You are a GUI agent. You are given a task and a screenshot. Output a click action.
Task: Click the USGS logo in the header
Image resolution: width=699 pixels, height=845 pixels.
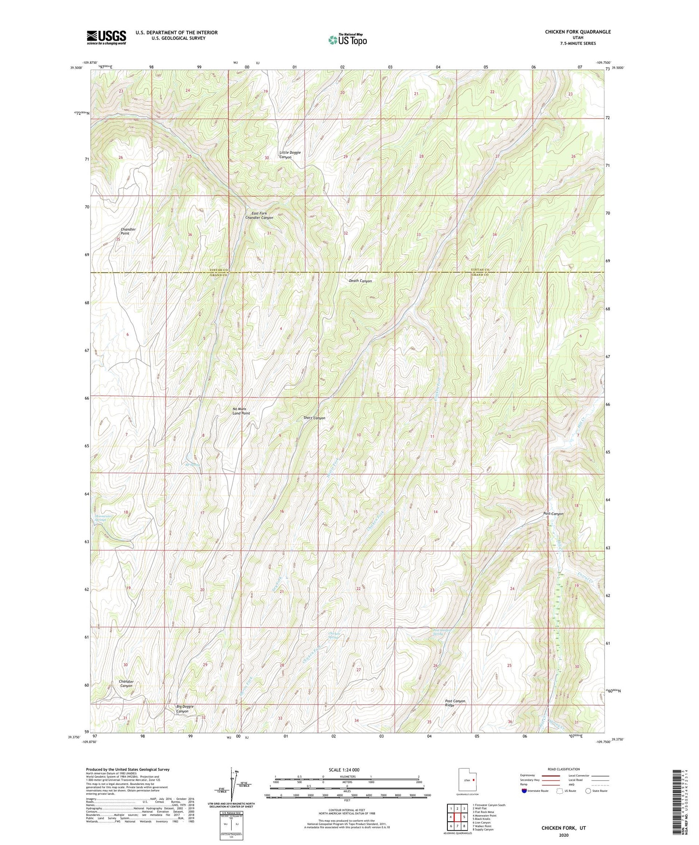tap(106, 37)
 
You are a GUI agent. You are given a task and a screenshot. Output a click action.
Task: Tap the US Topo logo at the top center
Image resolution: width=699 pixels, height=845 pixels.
tap(347, 40)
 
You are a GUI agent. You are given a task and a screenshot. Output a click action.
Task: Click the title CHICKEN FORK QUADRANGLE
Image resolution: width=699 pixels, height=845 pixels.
tap(577, 32)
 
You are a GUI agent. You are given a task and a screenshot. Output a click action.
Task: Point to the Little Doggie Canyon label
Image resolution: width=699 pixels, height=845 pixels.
tap(289, 155)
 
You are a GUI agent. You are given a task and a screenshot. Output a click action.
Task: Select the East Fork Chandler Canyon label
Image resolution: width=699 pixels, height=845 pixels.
tap(259, 215)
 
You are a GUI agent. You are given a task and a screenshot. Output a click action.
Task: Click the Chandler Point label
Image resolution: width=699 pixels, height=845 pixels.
tap(128, 231)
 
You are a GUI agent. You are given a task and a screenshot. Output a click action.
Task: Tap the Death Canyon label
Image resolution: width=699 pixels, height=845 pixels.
tap(360, 281)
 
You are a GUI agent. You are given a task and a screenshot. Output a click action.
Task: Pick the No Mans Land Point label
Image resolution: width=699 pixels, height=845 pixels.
tap(241, 411)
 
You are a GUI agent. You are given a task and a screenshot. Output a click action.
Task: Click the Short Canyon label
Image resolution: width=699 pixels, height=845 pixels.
tap(315, 418)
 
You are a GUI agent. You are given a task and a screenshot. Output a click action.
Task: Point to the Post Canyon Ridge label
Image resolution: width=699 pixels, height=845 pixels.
tap(455, 703)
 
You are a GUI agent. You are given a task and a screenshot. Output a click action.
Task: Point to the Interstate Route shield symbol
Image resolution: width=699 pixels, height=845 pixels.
tap(525, 791)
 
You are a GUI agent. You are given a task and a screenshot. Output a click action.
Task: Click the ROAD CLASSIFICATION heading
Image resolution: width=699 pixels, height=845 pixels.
tap(563, 769)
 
